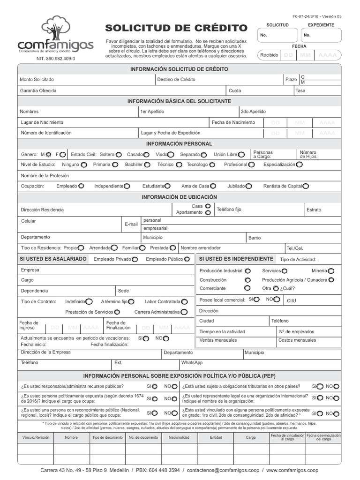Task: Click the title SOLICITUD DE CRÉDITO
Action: (176, 28)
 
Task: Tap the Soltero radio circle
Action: (119, 154)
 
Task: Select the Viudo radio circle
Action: (171, 154)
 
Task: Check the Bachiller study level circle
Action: (147, 165)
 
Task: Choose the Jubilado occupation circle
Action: (249, 186)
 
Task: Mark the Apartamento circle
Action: (208, 213)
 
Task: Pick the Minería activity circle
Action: (331, 271)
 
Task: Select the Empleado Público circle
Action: (187, 259)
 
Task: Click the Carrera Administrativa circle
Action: (184, 312)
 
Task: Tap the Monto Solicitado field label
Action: (37, 80)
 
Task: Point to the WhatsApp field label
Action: (192, 363)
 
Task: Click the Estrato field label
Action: (314, 210)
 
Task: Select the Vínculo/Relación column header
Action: (36, 437)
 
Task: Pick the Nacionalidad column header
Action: (179, 437)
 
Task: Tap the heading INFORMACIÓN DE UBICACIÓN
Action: (180, 197)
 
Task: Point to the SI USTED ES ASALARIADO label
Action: (53, 259)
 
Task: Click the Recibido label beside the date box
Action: (269, 55)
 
